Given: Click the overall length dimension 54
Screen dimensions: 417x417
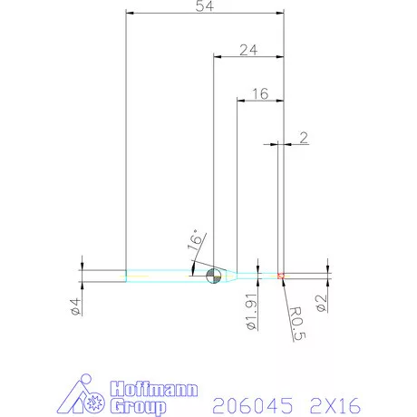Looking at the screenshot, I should (204, 7).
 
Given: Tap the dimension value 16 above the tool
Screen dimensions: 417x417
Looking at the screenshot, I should (260, 93).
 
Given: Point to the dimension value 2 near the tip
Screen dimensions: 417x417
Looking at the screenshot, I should (303, 138).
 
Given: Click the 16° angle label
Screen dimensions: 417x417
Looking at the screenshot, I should (193, 240).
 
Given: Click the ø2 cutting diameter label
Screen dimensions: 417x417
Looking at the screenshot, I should (320, 304).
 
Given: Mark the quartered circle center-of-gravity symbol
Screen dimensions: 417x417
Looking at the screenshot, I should (214, 276).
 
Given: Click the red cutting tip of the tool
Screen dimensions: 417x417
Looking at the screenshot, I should (282, 275).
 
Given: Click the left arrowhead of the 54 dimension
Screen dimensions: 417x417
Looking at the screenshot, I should (129, 14).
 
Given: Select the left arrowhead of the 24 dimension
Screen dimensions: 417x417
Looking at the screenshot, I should (217, 56).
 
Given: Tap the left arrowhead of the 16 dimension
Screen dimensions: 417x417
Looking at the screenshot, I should (239, 100).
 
